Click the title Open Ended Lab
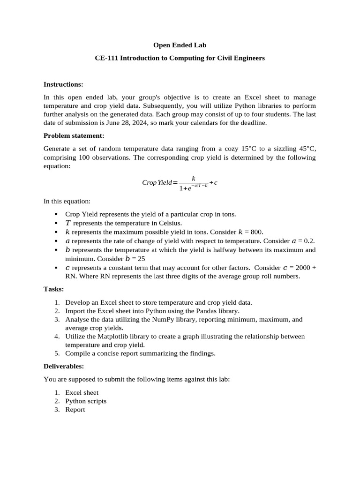click(x=180, y=45)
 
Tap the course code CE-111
click(x=106, y=59)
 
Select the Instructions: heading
click(x=63, y=84)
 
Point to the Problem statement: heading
click(x=74, y=136)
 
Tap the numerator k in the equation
click(x=193, y=178)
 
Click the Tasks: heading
click(x=53, y=290)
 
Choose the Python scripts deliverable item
click(x=86, y=401)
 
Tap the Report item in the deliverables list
click(x=75, y=410)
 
